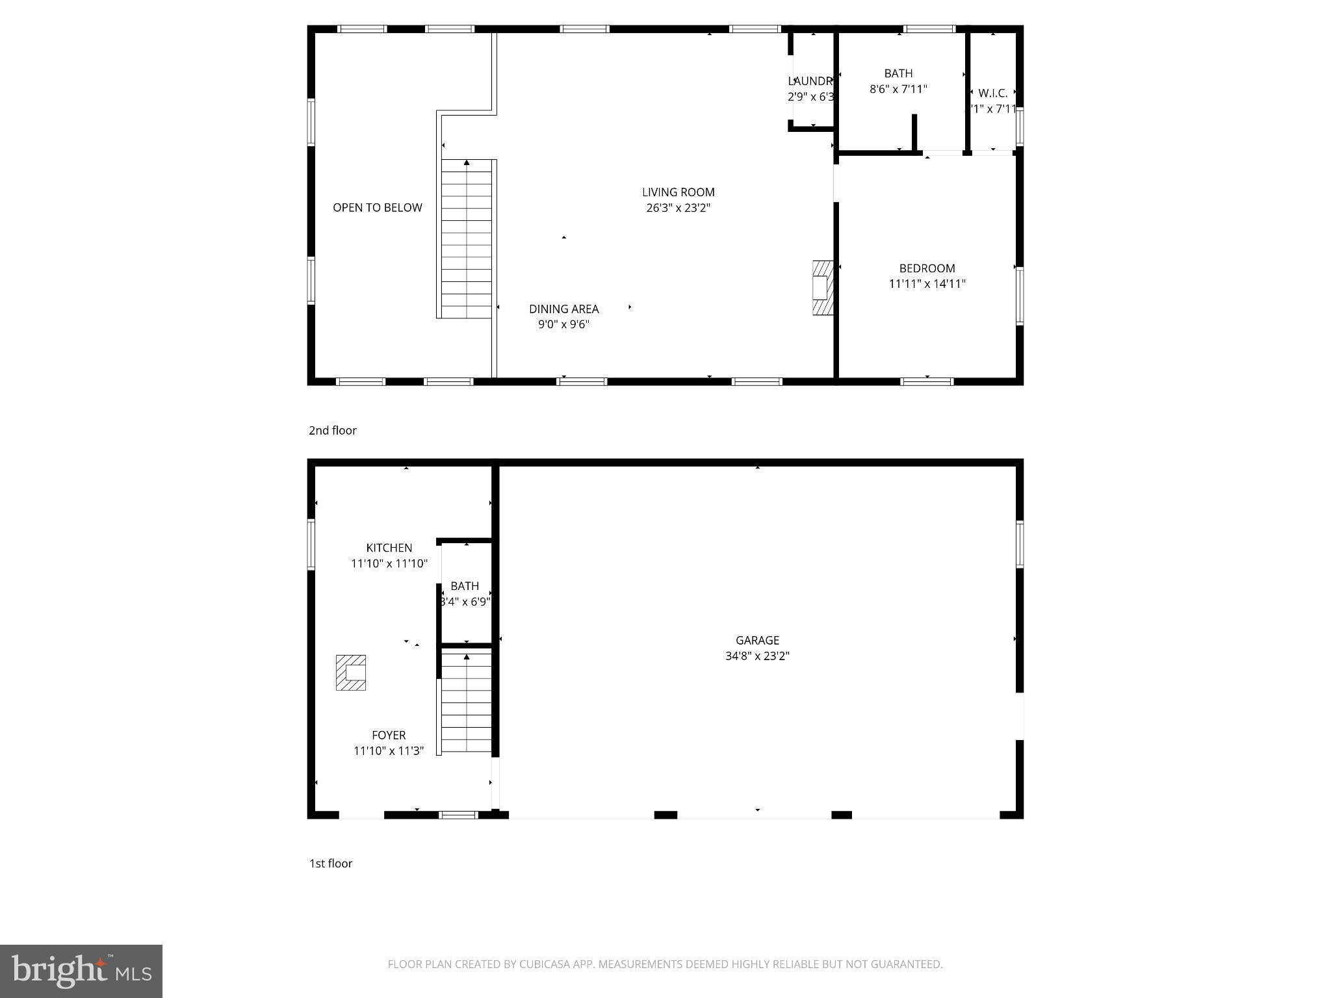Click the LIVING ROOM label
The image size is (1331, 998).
click(x=678, y=192)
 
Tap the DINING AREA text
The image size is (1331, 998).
click(x=563, y=309)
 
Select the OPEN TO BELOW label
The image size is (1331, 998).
click(x=377, y=208)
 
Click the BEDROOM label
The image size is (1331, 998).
click(x=927, y=268)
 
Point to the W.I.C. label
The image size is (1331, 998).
click(x=992, y=94)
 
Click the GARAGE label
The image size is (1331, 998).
click(x=757, y=641)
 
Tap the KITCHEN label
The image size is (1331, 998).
click(x=389, y=548)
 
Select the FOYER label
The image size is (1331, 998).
click(x=389, y=736)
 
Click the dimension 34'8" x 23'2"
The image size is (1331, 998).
click(x=757, y=656)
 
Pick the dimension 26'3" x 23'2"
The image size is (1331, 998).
click(x=678, y=208)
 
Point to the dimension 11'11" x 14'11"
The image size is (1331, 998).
click(x=927, y=284)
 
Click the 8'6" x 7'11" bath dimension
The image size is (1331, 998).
click(x=898, y=89)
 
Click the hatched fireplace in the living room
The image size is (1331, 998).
click(x=822, y=288)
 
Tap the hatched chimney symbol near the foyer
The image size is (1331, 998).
click(x=350, y=672)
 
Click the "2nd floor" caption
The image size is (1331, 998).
click(x=332, y=431)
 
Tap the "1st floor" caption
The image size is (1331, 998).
click(x=330, y=864)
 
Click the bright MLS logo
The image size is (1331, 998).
click(x=81, y=971)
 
